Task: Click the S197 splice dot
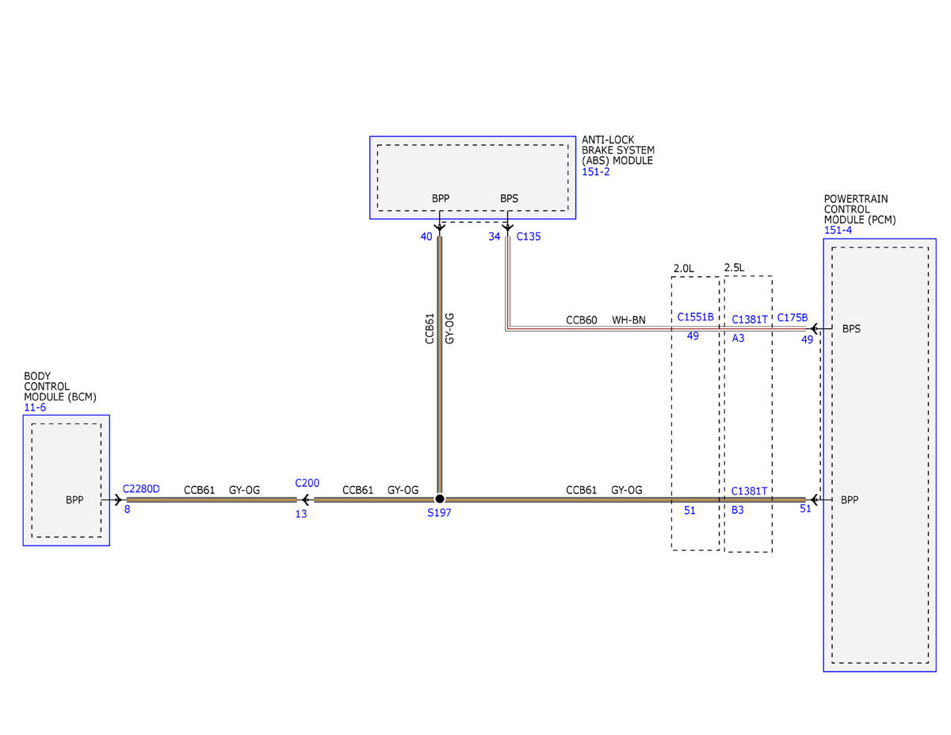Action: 439,499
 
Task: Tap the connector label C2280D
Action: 141,488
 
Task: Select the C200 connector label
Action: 307,483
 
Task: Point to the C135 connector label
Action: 529,236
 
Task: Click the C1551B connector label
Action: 695,317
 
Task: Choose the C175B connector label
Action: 792,317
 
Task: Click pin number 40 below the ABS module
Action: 426,236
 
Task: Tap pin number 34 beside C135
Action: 494,236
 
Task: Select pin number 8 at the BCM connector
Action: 127,509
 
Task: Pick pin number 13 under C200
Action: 301,514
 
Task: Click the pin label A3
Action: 738,338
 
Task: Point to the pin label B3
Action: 738,510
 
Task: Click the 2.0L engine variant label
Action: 683,268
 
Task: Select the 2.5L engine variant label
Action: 734,267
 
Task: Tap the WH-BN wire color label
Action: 628,320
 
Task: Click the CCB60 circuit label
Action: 581,320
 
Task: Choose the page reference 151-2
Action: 596,171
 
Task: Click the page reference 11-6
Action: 35,408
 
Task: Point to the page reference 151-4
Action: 838,230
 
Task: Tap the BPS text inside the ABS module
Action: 509,198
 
